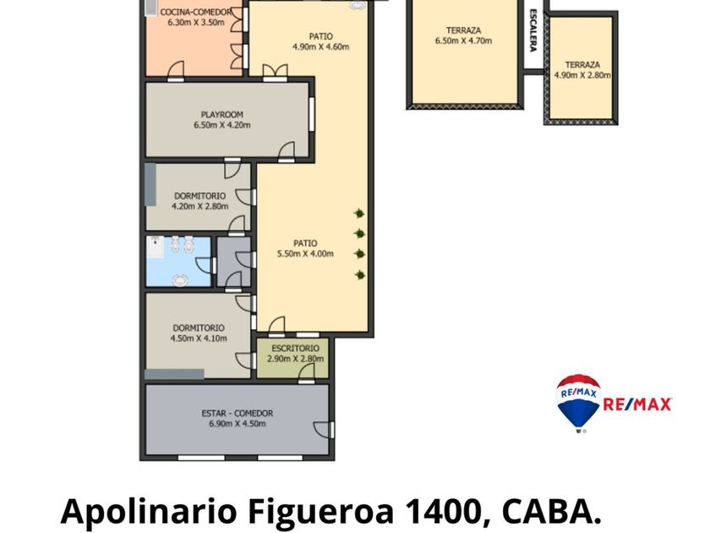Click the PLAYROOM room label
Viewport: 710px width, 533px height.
pos(221,115)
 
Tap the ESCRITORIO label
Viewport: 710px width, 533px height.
pos(295,349)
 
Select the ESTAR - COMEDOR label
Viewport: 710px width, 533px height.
pos(238,414)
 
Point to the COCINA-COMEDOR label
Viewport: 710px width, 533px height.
pos(195,12)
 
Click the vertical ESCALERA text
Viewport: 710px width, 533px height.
pos(533,30)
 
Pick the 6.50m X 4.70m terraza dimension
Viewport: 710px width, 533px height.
pos(464,41)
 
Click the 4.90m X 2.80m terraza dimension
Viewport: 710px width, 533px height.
pos(582,75)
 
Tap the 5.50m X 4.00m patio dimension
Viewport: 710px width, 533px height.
pos(305,254)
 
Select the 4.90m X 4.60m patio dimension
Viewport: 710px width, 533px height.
pos(320,47)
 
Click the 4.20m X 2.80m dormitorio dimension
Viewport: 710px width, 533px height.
pos(199,206)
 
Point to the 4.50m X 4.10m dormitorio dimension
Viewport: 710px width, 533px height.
pos(199,338)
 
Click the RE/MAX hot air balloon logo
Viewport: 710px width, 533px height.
pos(578,403)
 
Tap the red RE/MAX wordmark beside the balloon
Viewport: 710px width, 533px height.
pos(637,404)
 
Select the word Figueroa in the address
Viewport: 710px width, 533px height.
pos(320,512)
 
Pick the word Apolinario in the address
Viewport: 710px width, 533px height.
pos(149,512)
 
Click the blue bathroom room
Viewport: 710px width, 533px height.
pos(178,261)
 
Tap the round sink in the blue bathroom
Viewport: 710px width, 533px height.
pos(180,280)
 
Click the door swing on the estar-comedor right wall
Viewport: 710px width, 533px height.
pos(323,429)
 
